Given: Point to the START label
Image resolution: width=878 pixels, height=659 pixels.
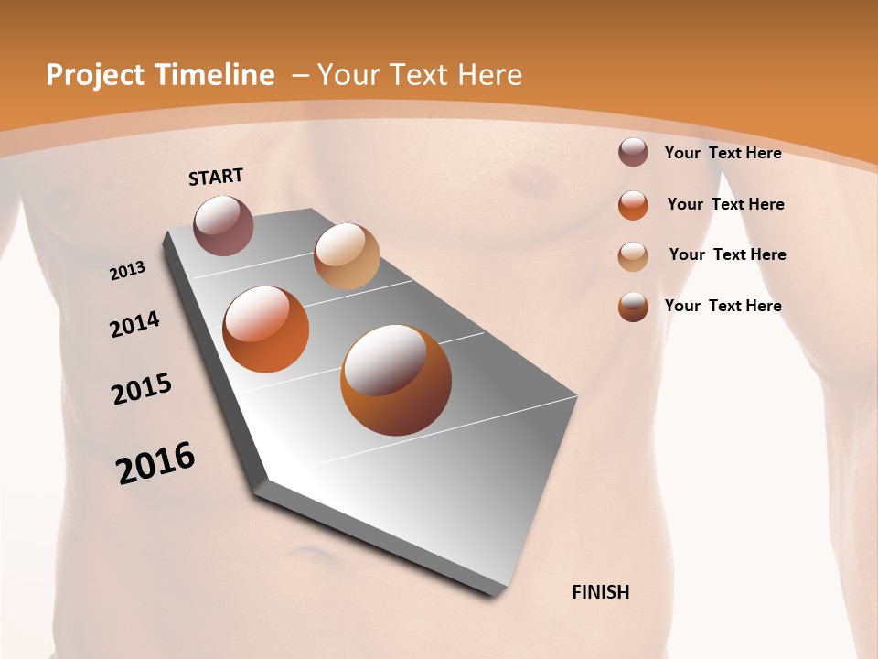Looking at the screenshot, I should [216, 177].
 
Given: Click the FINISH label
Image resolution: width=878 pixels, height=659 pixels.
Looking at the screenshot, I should [601, 592].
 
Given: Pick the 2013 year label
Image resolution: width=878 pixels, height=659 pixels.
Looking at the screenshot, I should [127, 271].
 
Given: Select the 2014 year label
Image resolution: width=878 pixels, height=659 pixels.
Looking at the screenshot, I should [134, 325].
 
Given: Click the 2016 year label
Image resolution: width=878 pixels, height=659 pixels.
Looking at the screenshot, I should [155, 463].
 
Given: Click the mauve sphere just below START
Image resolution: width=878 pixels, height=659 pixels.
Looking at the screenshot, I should [224, 225].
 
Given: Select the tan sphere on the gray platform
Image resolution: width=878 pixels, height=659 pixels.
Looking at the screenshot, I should [347, 256].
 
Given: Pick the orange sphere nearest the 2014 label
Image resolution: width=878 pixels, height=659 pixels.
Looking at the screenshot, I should [266, 329].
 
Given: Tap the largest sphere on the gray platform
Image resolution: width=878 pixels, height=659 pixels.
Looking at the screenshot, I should [396, 379].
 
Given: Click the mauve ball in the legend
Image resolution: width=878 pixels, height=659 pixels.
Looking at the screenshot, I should [633, 152].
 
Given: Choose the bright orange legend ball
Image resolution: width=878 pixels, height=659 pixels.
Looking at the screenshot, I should [633, 205].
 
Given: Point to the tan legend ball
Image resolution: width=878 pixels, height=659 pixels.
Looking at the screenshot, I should [633, 256].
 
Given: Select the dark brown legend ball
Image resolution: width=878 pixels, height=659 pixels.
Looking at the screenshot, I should [633, 307].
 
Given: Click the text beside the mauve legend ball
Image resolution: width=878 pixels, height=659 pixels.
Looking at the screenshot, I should [723, 153].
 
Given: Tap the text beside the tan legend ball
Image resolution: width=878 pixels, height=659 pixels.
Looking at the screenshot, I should [727, 254].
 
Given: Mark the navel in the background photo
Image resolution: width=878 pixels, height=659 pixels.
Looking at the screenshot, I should [302, 555].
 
